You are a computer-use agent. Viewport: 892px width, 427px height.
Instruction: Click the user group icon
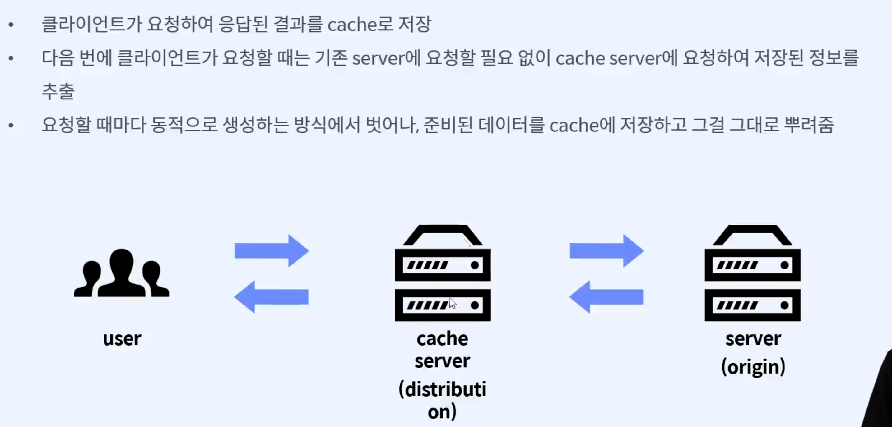pos(121,273)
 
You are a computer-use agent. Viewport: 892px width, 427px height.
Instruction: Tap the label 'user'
pos(122,339)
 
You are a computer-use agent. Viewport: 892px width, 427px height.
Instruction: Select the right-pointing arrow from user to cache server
pos(272,251)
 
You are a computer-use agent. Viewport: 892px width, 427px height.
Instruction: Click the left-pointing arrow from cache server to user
pos(271,297)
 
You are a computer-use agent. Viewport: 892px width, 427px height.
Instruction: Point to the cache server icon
pos(443,273)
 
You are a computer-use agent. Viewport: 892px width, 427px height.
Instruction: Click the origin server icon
pos(752,273)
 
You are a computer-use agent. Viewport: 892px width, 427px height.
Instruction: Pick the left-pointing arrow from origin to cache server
pos(606,297)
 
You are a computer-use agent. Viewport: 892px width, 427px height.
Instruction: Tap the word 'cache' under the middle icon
pos(442,339)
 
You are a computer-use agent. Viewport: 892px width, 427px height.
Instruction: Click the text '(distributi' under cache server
pos(442,390)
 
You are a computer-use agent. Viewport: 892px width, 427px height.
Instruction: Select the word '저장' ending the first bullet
pos(415,24)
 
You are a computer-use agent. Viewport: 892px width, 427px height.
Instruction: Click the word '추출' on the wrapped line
pos(58,91)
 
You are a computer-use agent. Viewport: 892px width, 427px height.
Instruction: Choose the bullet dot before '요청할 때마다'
pos(11,125)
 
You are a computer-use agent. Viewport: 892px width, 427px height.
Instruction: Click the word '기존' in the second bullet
pos(331,58)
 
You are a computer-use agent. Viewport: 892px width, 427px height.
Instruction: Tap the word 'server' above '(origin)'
pos(753,339)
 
